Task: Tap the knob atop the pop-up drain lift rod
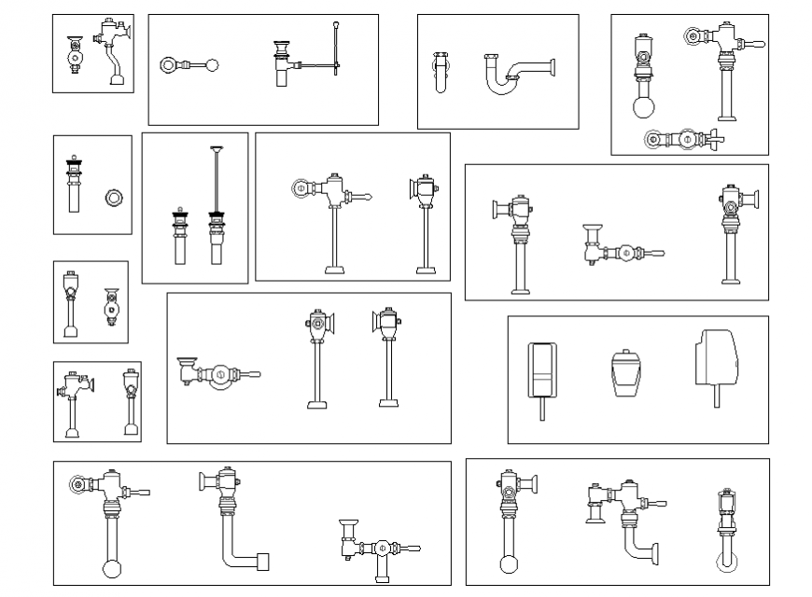coord(334,22)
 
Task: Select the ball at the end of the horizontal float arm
coord(212,65)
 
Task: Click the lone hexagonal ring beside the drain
coord(114,197)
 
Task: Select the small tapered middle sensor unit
coord(624,373)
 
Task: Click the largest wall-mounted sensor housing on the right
coord(716,360)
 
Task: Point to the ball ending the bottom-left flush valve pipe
coord(111,568)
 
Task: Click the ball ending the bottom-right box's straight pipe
coord(509,563)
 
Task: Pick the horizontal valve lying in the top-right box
coord(684,140)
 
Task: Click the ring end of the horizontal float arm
coord(170,65)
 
